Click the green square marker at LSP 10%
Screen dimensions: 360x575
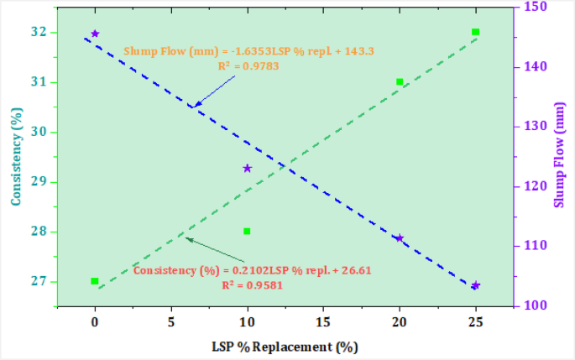point(247,231)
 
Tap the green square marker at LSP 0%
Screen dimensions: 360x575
point(95,281)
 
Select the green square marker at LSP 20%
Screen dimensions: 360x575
point(400,81)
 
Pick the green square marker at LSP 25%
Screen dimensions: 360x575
point(476,32)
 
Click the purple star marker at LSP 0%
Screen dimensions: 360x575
point(95,34)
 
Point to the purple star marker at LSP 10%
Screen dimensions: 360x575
point(248,169)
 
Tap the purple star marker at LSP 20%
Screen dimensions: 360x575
point(400,238)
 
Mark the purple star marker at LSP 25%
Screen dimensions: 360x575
point(476,285)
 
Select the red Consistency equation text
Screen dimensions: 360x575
point(252,270)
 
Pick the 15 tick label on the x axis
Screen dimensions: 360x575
point(323,320)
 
